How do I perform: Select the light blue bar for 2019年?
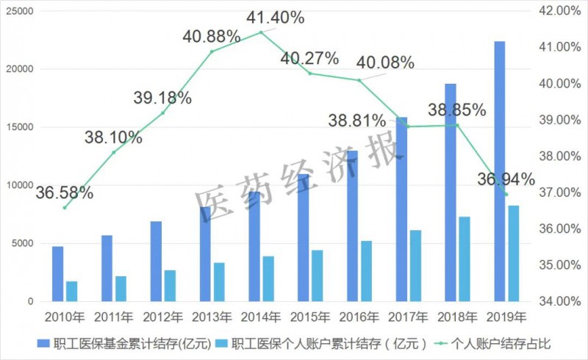[x=513, y=253]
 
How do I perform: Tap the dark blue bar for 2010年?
[x=58, y=274]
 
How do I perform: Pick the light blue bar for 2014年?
[x=268, y=279]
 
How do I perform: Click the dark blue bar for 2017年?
[x=401, y=209]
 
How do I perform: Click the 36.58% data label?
[x=65, y=193]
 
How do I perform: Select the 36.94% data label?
[x=506, y=179]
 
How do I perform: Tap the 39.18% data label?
[x=163, y=98]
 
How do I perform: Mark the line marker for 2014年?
[x=261, y=32]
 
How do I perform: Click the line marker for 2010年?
[x=65, y=208]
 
